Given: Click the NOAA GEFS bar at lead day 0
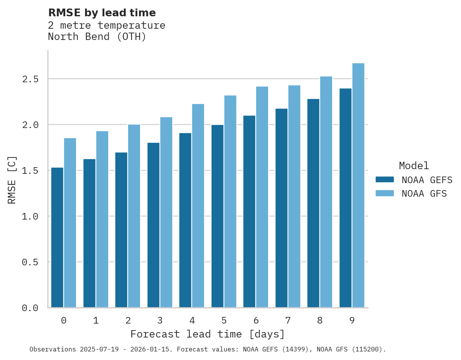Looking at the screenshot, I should coord(57,237).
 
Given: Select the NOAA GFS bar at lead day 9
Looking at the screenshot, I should coord(358,185).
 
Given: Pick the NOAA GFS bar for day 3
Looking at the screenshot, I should coord(166,212).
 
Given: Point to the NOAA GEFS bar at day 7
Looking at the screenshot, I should coord(281,208).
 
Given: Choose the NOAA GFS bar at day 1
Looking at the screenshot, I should coord(102,219).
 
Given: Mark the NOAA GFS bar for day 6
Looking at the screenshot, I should coord(262,197).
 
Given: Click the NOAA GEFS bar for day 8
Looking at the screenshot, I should coord(313,203).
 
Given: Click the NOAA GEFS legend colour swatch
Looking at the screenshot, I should coord(385,180).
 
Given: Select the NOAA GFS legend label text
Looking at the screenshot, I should coord(424,194).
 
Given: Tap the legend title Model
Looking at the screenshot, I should coord(414,166).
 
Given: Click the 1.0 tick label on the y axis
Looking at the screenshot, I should coord(30,216).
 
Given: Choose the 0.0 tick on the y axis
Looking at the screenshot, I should coord(30,308).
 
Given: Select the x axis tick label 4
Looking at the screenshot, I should coord(192,320).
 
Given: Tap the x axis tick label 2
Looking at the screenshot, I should coord(128,320).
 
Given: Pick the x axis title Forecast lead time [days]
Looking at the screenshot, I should coord(208,334).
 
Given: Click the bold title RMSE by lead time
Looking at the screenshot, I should coord(102,13).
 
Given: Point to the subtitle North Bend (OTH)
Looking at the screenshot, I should coord(97,37).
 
